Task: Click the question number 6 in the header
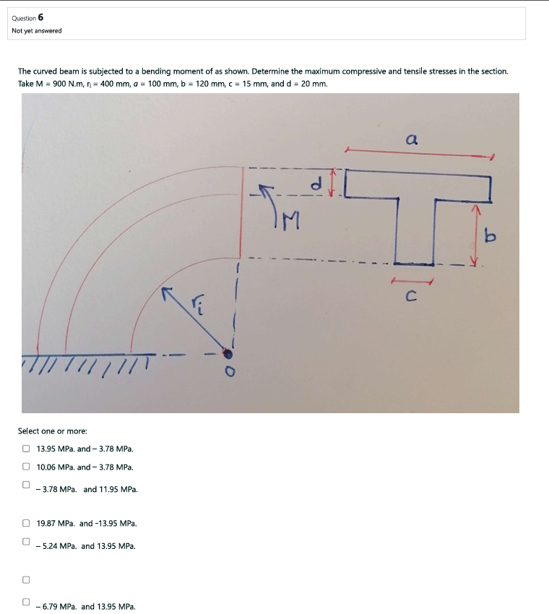click(x=40, y=17)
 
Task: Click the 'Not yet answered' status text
click(x=37, y=30)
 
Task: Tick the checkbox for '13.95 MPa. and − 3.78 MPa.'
click(x=26, y=449)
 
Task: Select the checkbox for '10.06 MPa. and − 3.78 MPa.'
click(x=26, y=467)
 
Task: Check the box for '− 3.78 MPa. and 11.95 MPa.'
click(x=26, y=485)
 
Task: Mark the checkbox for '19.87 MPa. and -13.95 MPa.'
click(x=26, y=523)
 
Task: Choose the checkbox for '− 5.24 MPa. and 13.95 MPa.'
click(x=26, y=541)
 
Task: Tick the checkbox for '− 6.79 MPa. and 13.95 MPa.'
click(x=26, y=602)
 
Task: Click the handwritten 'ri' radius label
click(x=199, y=307)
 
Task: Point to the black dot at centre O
click(x=228, y=353)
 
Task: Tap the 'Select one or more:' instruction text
click(x=52, y=431)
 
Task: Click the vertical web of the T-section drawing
click(x=415, y=231)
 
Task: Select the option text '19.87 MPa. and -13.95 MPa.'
click(x=87, y=523)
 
